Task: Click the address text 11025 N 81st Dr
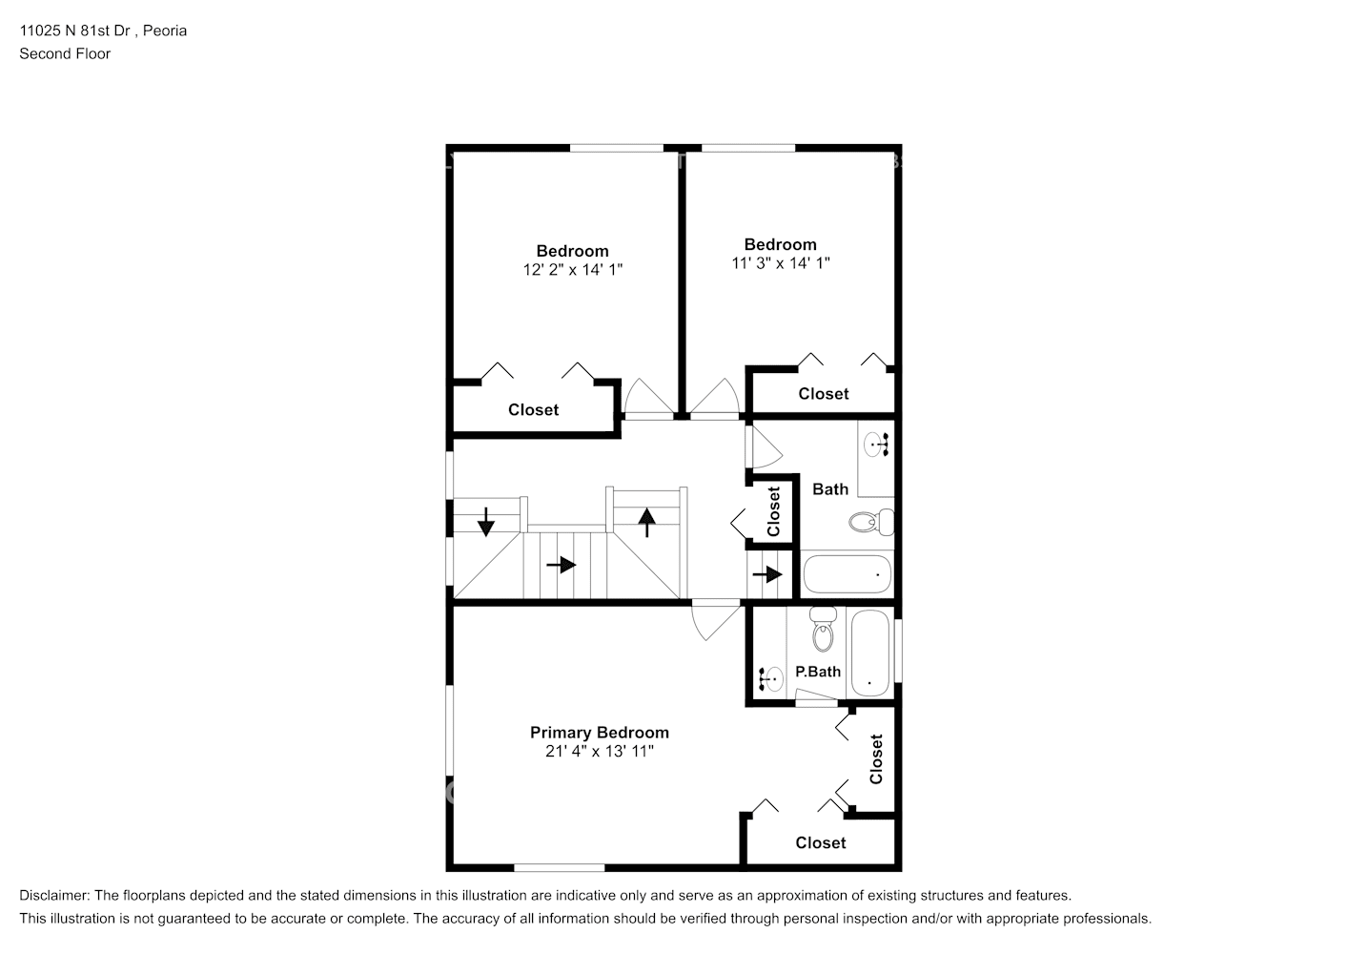tap(76, 31)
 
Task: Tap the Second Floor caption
tap(65, 53)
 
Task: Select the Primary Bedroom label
tap(599, 733)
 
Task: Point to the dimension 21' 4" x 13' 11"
tap(599, 752)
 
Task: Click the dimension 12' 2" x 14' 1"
tap(572, 270)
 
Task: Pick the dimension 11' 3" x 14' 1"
tap(780, 263)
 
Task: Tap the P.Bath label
tap(818, 672)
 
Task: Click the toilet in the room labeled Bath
tap(868, 523)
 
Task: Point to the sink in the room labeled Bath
tap(878, 445)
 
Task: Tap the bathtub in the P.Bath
tap(869, 654)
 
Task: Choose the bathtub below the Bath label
tap(847, 574)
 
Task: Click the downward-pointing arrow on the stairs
tap(486, 521)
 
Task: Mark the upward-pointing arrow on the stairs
tap(647, 522)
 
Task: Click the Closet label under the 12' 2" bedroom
tap(533, 410)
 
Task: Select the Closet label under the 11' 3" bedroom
tap(823, 394)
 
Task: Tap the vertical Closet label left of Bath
tap(774, 511)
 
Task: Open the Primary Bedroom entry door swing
tap(713, 620)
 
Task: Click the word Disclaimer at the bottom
tap(53, 896)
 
